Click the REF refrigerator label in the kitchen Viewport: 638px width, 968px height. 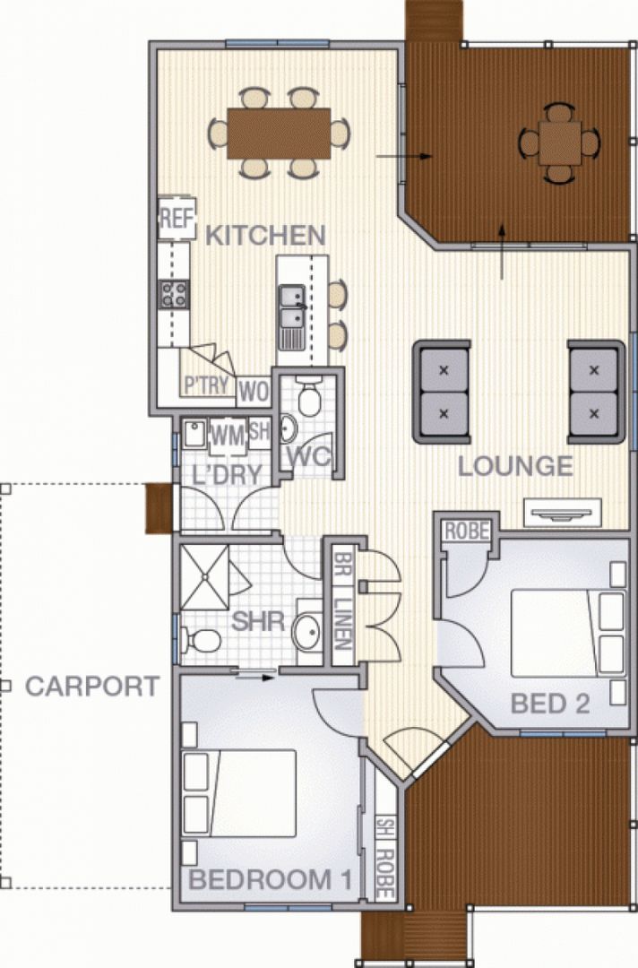pyautogui.click(x=177, y=218)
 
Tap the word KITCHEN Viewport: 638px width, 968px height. pyautogui.click(x=265, y=236)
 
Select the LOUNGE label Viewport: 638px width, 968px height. pyautogui.click(x=515, y=466)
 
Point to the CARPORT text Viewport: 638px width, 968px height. pyautogui.click(x=92, y=687)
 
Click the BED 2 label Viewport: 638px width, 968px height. pyautogui.click(x=550, y=704)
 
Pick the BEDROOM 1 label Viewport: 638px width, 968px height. pyautogui.click(x=270, y=879)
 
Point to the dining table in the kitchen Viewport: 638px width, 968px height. pyautogui.click(x=279, y=133)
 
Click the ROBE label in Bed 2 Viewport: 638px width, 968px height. pyautogui.click(x=466, y=532)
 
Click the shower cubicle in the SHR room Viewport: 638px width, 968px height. pyautogui.click(x=205, y=575)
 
